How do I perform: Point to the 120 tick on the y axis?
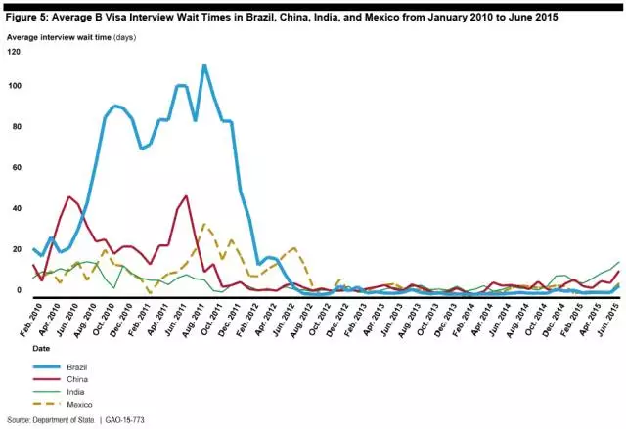[x=14, y=51]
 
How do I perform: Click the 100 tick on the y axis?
[x=14, y=86]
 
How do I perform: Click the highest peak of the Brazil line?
[x=203, y=65]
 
